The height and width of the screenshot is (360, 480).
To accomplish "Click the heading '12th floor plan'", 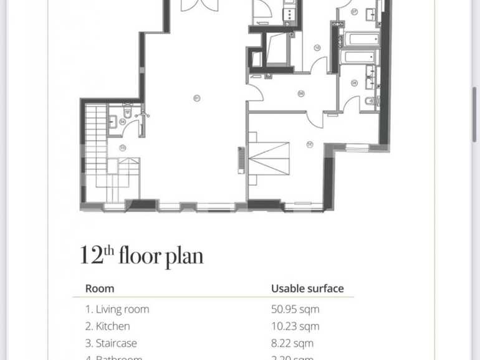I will [142, 255].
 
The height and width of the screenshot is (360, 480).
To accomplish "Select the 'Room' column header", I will [100, 289].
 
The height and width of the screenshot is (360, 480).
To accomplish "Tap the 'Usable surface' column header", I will [307, 289].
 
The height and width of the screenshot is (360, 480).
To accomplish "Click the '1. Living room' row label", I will [117, 309].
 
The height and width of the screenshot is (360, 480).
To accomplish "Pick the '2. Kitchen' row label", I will [108, 326].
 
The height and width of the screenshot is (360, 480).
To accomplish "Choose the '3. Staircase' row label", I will [111, 343].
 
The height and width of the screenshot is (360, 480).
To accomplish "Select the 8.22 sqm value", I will [292, 343].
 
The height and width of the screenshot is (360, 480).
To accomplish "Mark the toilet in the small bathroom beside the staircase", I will [127, 112].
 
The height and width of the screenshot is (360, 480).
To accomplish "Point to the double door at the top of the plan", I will [199, 6].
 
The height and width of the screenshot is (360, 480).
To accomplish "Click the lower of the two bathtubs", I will [359, 57].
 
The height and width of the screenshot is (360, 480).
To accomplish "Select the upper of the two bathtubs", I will [359, 40].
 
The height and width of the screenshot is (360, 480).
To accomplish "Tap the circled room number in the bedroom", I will [310, 144].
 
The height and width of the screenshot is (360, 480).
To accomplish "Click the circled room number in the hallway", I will [301, 94].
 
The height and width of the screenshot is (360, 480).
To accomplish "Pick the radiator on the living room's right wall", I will [241, 160].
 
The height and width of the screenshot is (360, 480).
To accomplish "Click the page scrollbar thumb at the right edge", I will [474, 115].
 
